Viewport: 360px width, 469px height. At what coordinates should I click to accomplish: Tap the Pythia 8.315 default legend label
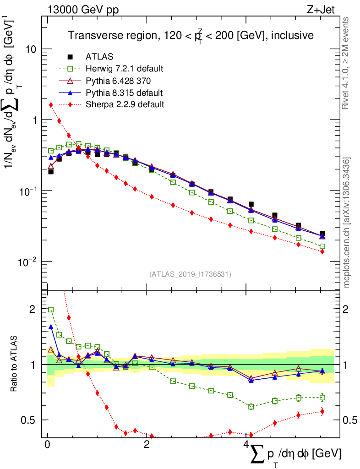coord(124,93)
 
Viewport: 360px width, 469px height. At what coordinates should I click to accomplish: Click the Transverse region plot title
coord(191,35)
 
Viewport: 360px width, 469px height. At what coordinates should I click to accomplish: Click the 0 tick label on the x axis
coord(47,445)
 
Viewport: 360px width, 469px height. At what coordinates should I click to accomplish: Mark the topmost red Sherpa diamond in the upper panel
coord(51,105)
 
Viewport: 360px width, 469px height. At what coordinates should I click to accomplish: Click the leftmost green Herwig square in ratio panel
coord(51,310)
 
